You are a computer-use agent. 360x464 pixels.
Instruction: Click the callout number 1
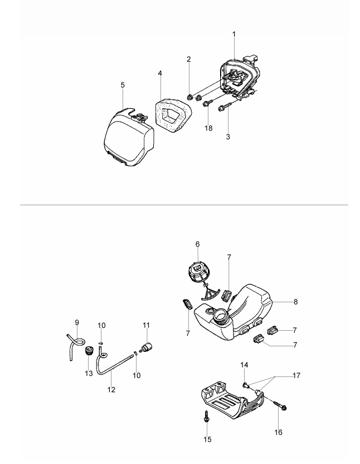pos(234,34)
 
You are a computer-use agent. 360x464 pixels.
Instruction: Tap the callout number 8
pos(295,302)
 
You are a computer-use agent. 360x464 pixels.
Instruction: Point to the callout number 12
pos(111,389)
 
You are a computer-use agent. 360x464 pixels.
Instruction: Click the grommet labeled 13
pos(88,352)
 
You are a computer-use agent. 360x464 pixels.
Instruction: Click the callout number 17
pos(295,375)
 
